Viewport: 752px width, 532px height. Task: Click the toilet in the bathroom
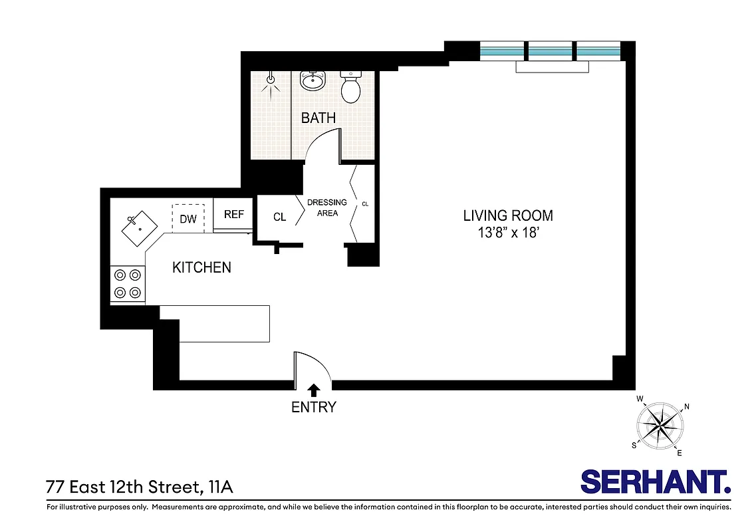(x=350, y=88)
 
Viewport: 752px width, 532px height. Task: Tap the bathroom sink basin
(x=312, y=81)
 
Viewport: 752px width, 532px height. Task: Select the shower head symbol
(x=270, y=80)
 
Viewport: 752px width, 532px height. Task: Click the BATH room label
(x=318, y=118)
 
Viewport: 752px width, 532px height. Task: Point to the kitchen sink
(x=139, y=226)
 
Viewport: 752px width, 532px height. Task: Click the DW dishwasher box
(x=188, y=218)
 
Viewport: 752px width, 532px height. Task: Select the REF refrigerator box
(x=233, y=214)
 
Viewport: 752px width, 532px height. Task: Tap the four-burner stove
(x=128, y=283)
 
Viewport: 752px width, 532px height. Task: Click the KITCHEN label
(x=201, y=267)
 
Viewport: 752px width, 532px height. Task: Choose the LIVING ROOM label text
(x=508, y=215)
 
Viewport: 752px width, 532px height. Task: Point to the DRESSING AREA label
(x=326, y=207)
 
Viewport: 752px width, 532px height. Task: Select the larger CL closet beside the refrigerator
(x=279, y=217)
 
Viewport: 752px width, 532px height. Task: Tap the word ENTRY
(x=314, y=407)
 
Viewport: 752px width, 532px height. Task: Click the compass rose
(x=659, y=424)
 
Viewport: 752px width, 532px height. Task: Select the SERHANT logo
(x=655, y=481)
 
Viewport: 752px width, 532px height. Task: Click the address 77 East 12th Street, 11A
(x=140, y=487)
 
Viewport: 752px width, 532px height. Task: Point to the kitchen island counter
(x=224, y=323)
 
